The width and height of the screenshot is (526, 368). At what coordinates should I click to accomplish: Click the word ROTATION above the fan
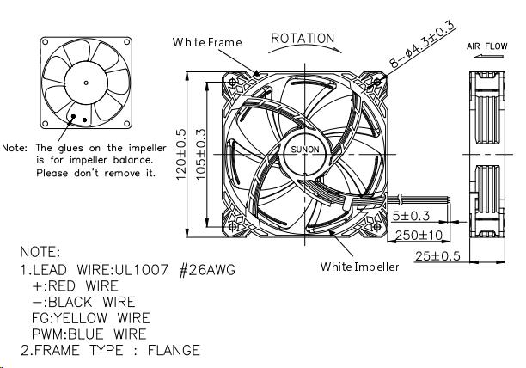(303, 39)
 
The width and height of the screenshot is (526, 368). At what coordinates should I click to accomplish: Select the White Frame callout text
(207, 42)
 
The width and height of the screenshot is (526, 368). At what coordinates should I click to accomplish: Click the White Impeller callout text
(360, 267)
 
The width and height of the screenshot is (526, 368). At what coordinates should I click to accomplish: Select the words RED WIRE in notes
(95, 286)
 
